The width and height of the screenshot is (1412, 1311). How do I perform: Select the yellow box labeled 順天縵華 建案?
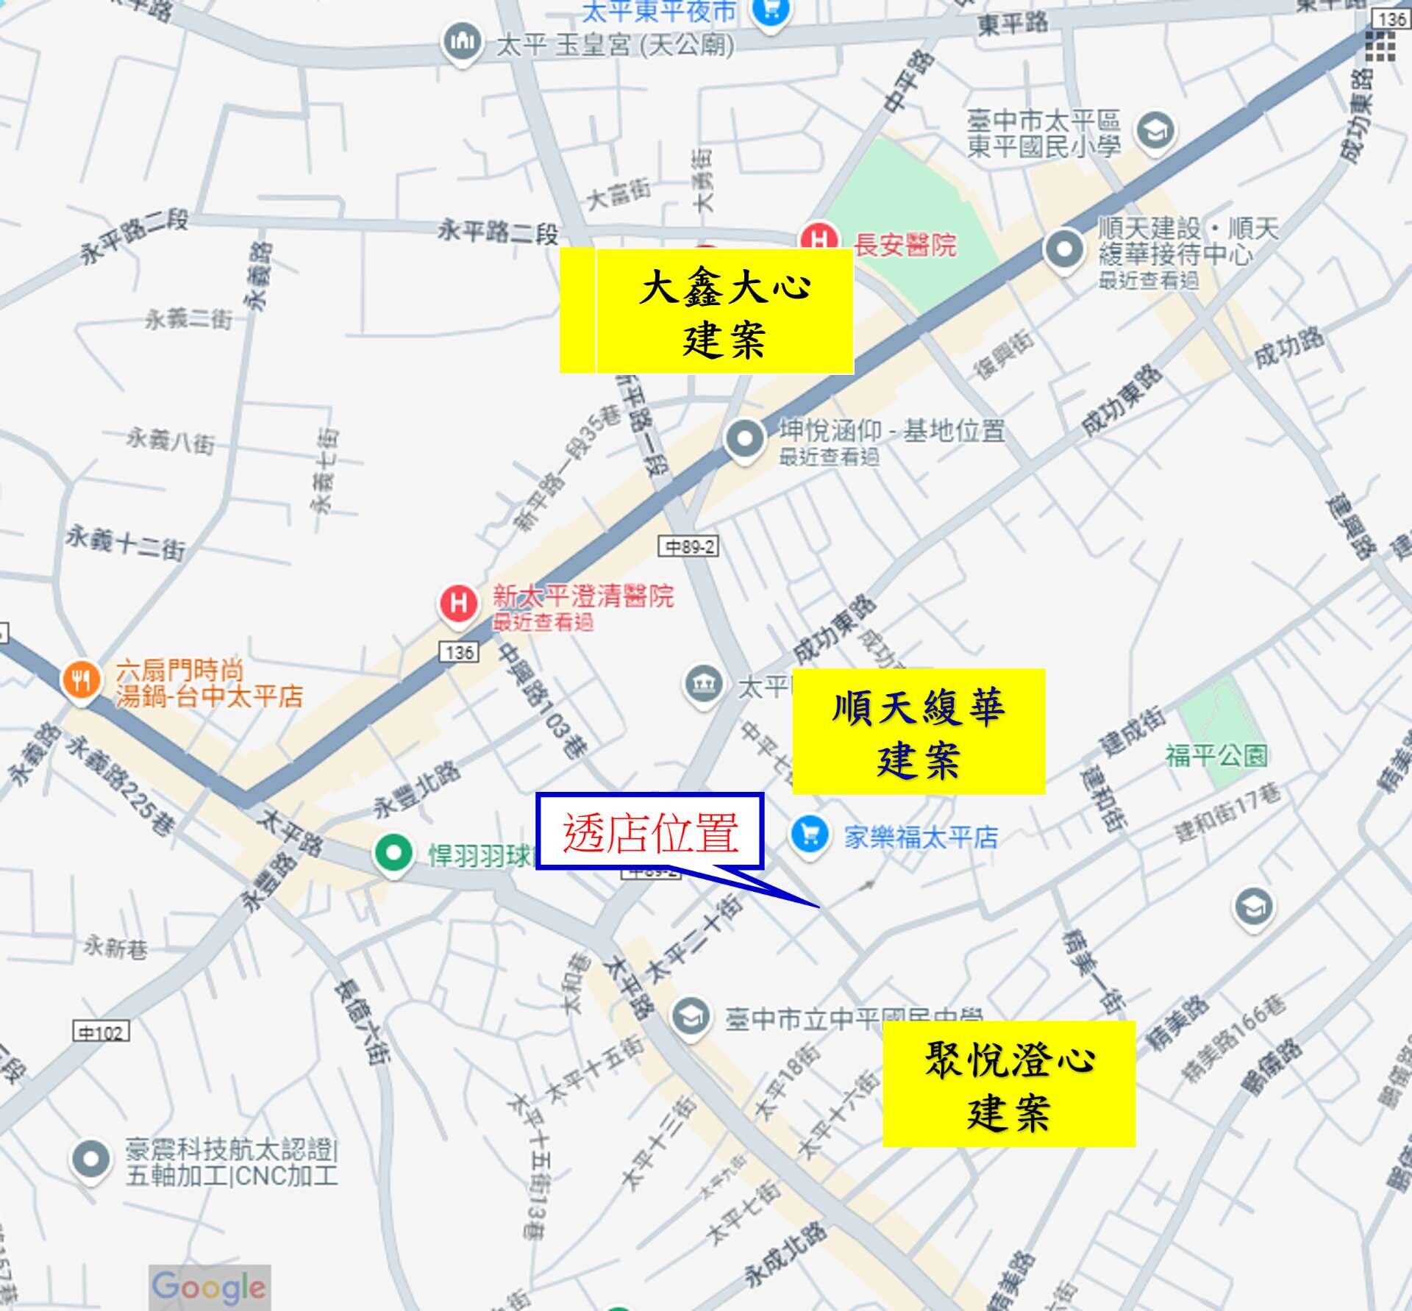(x=918, y=732)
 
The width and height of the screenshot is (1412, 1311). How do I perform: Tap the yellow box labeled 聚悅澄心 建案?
(x=1008, y=1084)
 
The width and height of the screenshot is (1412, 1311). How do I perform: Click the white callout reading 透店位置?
(x=650, y=832)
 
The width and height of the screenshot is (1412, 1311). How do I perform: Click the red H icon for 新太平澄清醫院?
(x=458, y=604)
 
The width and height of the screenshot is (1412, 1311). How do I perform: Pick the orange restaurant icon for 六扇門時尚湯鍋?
(x=81, y=680)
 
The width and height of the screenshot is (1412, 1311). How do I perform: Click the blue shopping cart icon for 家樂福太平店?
(x=810, y=835)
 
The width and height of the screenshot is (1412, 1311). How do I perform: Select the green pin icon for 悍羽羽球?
(x=393, y=853)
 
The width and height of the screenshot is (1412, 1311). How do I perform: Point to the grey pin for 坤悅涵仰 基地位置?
(x=745, y=438)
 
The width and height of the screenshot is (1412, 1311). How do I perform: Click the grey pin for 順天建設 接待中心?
(x=1064, y=249)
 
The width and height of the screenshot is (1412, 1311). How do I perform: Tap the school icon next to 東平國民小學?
(x=1155, y=132)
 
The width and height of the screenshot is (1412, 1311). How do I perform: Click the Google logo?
(x=209, y=1287)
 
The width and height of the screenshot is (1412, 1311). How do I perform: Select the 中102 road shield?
(x=101, y=1032)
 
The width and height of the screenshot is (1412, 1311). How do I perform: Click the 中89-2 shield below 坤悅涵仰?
(x=688, y=546)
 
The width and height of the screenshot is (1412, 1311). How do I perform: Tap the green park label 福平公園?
(x=1216, y=755)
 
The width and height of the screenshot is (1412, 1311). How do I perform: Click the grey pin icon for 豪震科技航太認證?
(x=90, y=1160)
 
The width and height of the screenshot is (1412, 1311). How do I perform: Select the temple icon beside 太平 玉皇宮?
(x=462, y=41)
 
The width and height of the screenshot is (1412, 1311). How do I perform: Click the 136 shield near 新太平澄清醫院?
(x=460, y=651)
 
